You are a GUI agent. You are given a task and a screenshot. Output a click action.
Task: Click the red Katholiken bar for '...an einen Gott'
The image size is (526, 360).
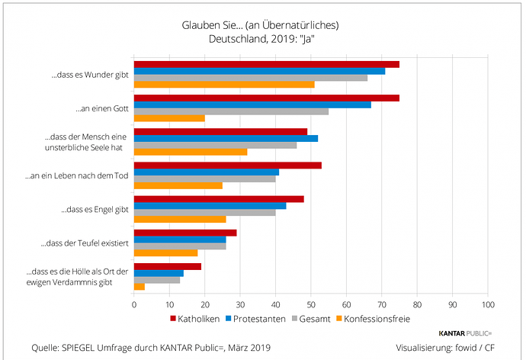tap(266, 98)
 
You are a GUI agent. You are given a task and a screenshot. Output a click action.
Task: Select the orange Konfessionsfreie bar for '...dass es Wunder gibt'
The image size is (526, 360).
tap(224, 85)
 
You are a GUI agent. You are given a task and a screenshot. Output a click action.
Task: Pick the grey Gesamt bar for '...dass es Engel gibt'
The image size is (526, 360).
tap(204, 213)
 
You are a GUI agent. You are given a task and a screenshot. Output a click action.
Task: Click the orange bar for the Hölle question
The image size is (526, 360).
tap(140, 286)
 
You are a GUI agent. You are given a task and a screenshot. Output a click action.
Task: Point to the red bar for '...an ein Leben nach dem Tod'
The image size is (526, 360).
tap(227, 165)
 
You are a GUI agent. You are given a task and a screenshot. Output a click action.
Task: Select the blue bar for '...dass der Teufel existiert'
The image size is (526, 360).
tap(180, 239)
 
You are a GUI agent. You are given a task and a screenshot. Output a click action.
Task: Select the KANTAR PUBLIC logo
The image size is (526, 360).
tap(466, 334)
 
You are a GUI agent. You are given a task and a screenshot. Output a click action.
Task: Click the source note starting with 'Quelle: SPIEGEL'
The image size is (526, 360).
tap(150, 348)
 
